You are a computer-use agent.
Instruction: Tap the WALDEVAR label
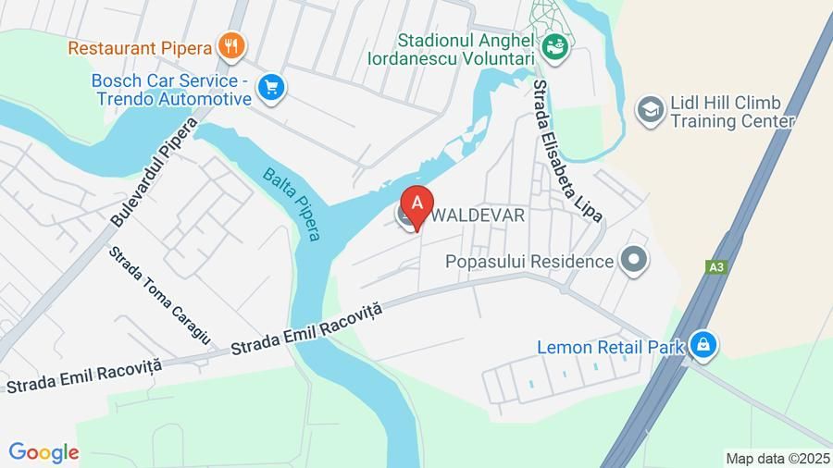(x=479, y=216)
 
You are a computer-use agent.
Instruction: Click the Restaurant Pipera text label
(x=141, y=45)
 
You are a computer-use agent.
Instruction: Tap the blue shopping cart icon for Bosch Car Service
(x=271, y=88)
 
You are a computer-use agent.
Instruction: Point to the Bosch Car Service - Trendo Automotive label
(x=171, y=89)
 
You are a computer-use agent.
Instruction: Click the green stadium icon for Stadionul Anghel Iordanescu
(x=554, y=43)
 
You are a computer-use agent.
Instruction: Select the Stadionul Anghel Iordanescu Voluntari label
(x=466, y=50)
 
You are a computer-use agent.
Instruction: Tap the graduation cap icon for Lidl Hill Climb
(x=651, y=110)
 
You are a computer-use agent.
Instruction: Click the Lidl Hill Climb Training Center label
(x=732, y=112)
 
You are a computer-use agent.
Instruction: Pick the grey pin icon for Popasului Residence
(x=634, y=261)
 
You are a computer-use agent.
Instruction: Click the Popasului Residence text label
(x=529, y=262)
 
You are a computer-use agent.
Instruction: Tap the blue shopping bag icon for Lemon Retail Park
(x=704, y=346)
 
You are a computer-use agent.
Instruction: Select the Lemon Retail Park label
(x=611, y=348)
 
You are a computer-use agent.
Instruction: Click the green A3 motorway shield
(x=715, y=267)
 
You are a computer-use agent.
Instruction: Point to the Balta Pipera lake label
(x=292, y=203)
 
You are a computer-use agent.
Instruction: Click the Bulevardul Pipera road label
(x=154, y=173)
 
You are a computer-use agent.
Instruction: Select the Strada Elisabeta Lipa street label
(x=566, y=150)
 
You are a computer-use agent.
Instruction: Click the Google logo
(x=44, y=452)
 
